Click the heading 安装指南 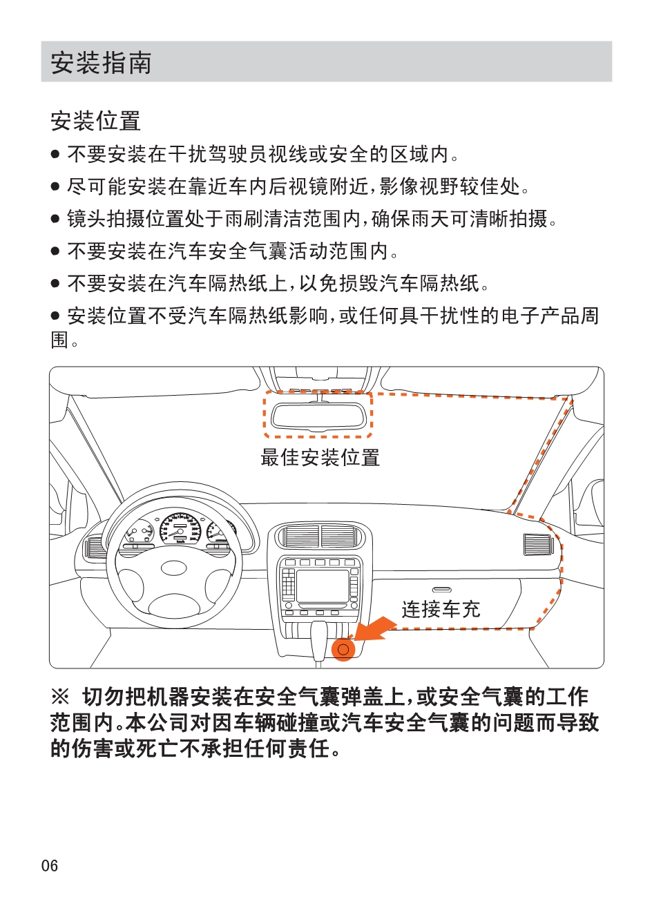coord(101,62)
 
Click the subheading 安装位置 coord(96,121)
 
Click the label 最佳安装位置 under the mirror coord(320,457)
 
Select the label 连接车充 coord(441,609)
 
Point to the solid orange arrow coord(374,629)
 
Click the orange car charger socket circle coord(343,649)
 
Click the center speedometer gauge coord(180,528)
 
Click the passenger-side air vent coord(539,545)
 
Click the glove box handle coord(442,590)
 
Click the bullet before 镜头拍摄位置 coord(55,219)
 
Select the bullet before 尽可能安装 coord(55,186)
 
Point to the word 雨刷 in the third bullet coord(244,219)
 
